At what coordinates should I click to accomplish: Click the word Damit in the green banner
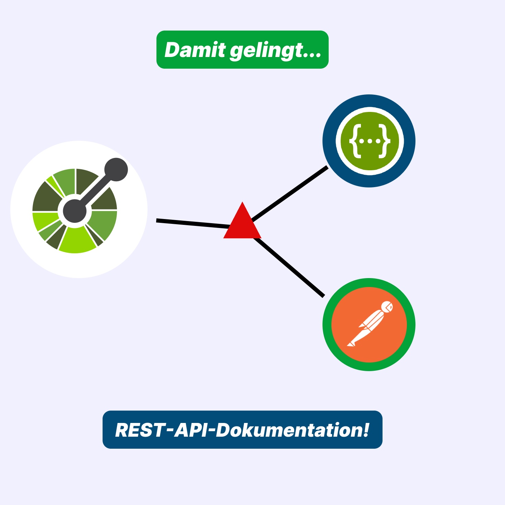[x=195, y=50]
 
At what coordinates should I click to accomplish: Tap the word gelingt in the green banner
[x=266, y=51]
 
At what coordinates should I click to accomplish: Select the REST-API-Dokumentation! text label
[x=242, y=430]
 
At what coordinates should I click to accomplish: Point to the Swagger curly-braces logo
[x=369, y=141]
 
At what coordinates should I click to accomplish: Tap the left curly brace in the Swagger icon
[x=355, y=141]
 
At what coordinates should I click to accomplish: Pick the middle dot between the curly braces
[x=369, y=141]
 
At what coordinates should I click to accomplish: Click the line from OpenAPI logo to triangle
[x=192, y=223]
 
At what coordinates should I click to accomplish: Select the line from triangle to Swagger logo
[x=290, y=194]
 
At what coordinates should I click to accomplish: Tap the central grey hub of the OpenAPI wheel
[x=75, y=211]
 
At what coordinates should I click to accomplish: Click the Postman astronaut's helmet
[x=387, y=307]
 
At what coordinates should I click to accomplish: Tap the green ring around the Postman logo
[x=369, y=366]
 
